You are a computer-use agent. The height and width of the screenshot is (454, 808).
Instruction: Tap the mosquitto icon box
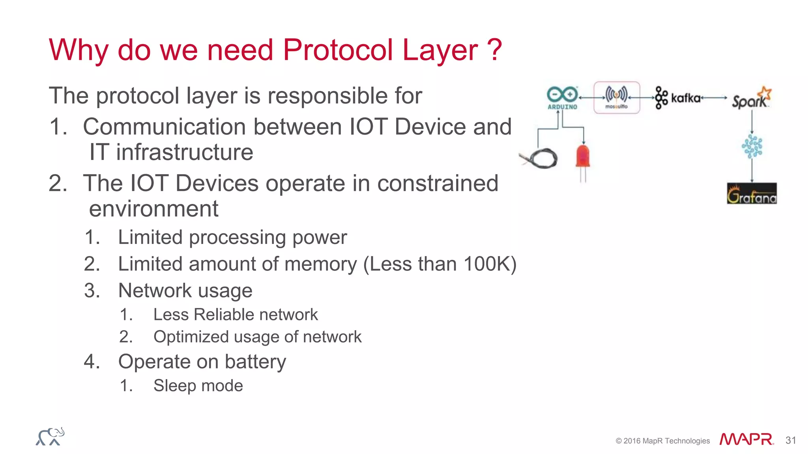(617, 97)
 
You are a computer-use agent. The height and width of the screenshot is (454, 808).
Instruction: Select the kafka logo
(678, 98)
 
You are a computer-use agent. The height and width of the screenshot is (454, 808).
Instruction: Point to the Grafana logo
(752, 194)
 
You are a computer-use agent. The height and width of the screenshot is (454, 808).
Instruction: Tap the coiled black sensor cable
(541, 158)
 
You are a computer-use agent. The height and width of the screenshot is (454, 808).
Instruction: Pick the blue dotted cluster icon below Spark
(752, 147)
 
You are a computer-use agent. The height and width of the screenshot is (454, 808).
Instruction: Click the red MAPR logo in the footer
(746, 439)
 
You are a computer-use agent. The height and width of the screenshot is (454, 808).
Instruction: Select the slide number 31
(791, 440)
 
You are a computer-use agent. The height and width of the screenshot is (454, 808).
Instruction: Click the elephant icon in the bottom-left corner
(50, 437)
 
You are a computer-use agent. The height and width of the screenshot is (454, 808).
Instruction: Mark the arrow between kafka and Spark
(714, 98)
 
